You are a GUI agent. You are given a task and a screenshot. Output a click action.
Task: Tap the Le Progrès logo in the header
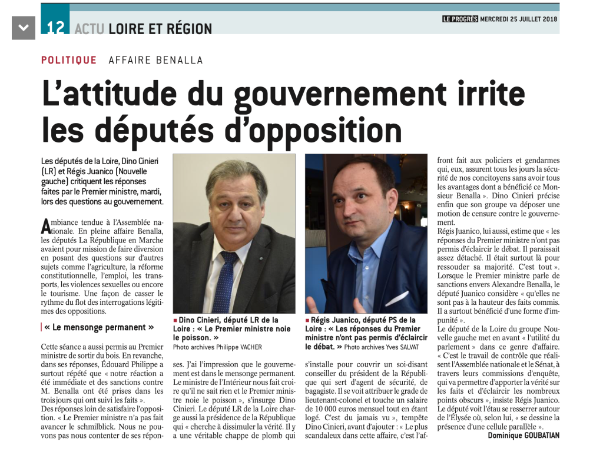[x=460, y=19]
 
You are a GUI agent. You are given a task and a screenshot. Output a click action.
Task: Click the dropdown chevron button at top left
[x=24, y=28]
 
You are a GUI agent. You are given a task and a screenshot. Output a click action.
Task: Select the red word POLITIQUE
[x=69, y=60]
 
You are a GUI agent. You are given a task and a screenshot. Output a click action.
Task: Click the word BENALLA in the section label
[x=183, y=60]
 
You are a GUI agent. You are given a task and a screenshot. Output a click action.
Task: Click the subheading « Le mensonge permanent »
[x=100, y=327]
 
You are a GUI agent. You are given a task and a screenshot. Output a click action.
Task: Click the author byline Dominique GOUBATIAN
[x=524, y=436]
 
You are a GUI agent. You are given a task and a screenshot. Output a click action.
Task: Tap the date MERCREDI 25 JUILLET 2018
[x=519, y=19]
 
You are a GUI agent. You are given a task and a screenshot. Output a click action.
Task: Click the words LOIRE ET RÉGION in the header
[x=160, y=28]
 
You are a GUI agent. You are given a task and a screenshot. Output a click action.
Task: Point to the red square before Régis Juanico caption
[x=307, y=321]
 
